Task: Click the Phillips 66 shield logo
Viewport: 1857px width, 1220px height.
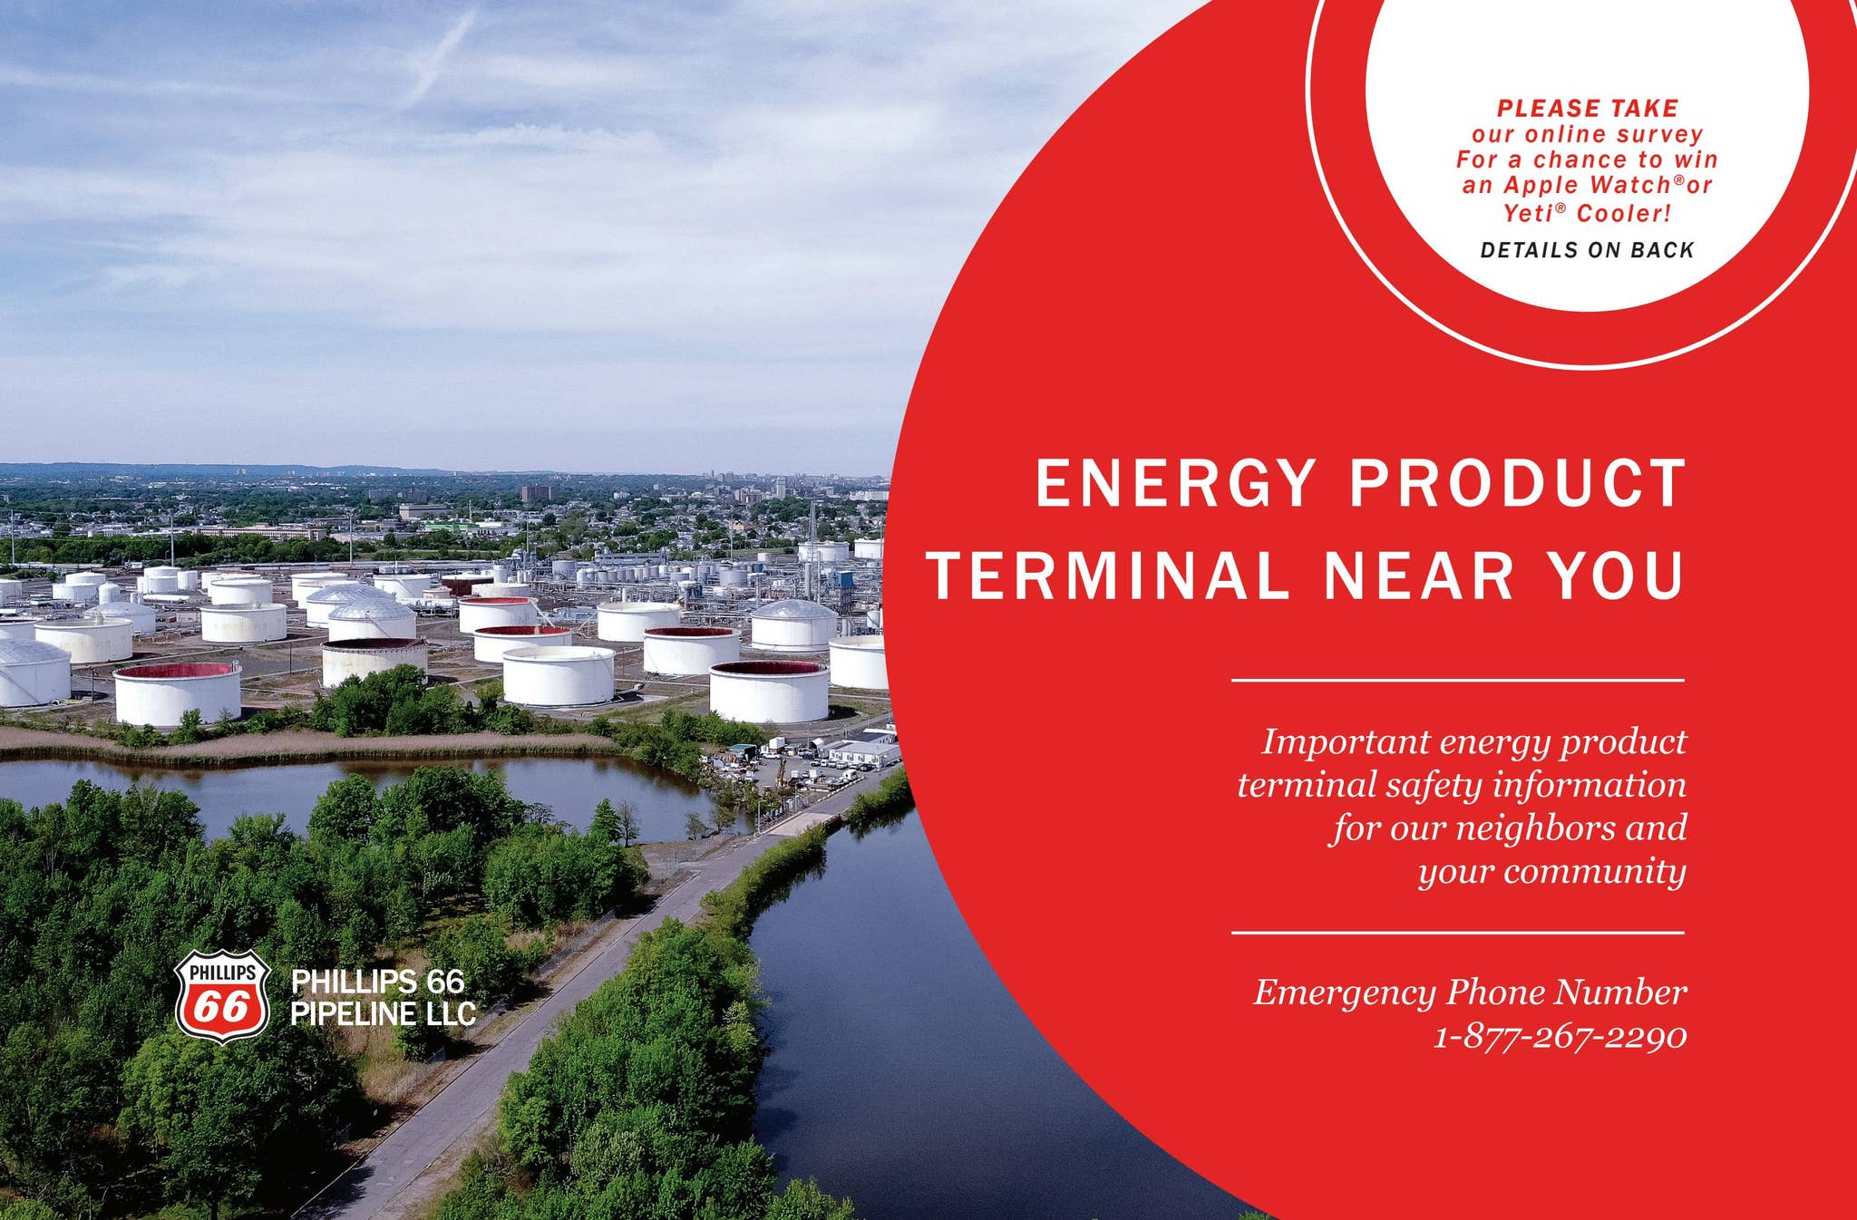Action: coord(222,995)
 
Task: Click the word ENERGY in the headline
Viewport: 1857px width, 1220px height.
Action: coord(1175,483)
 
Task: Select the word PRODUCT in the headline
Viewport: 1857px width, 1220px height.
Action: coord(1517,483)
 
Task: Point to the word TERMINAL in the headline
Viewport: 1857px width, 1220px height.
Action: coord(1108,576)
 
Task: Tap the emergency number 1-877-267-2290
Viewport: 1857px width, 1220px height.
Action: coord(1560,1036)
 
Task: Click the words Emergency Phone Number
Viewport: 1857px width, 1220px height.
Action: coord(1470,992)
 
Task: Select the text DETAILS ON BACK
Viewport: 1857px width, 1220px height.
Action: coord(1587,250)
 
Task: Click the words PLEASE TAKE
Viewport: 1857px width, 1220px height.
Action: coord(1588,109)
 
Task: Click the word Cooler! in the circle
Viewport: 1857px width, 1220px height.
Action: coord(1623,214)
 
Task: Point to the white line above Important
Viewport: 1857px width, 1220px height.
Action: coord(1457,680)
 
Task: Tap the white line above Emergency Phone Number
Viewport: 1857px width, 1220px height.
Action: coord(1457,932)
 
